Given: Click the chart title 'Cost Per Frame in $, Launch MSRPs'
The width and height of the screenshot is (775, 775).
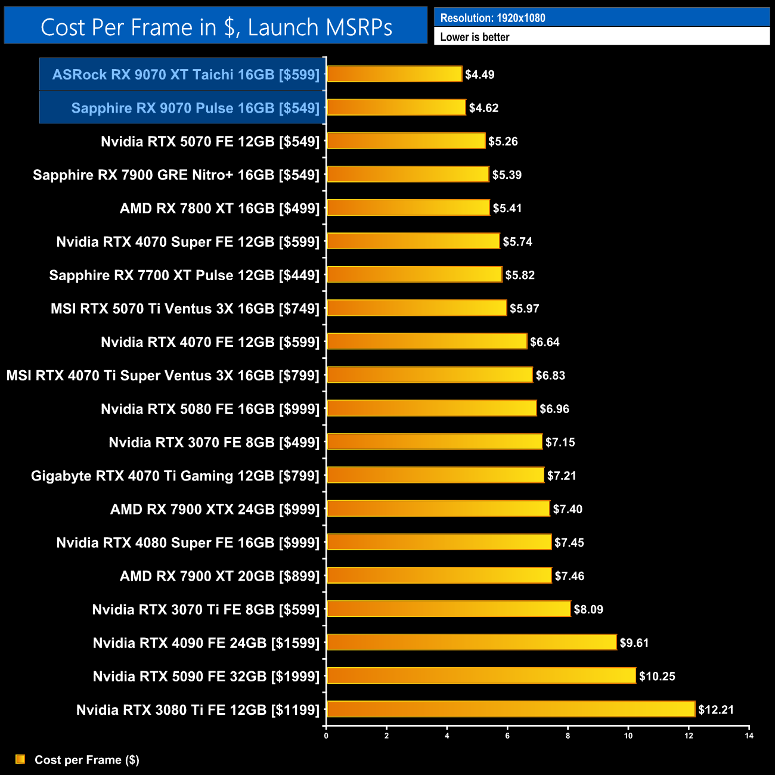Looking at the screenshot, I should point(216,27).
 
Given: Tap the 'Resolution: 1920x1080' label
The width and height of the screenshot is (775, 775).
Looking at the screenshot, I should point(492,18).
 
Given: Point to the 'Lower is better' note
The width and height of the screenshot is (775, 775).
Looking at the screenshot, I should point(475,37).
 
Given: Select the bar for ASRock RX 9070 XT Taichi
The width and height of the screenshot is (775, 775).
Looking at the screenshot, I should point(394,74).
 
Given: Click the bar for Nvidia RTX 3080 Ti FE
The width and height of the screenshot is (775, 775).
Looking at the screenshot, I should point(511,709).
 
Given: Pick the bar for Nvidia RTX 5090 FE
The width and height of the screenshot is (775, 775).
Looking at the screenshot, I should point(481,676).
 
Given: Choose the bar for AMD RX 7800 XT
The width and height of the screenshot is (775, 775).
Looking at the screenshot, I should point(408,207).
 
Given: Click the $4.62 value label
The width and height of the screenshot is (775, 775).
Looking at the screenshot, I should point(483,108).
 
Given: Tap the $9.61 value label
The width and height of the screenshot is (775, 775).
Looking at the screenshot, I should point(634,643).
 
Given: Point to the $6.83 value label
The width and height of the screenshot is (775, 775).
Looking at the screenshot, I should point(550,376).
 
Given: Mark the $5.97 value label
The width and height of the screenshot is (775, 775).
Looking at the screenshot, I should point(524,309).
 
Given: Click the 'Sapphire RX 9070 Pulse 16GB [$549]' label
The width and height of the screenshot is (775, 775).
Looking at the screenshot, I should point(195,108).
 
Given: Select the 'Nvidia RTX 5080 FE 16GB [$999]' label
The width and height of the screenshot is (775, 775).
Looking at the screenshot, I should point(210,409).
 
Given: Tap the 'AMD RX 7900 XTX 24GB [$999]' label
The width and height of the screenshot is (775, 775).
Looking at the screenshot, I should point(215,509).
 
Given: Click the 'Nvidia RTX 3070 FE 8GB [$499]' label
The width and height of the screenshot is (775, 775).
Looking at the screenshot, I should point(214,442).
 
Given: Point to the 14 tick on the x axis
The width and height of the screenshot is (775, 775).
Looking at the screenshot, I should point(749,736).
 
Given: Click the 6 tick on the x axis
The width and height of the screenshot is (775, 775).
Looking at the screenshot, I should point(507,736).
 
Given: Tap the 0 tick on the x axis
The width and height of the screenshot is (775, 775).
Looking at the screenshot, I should point(326,736).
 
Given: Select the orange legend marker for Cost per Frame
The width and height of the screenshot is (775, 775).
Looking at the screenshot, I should point(20,759).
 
